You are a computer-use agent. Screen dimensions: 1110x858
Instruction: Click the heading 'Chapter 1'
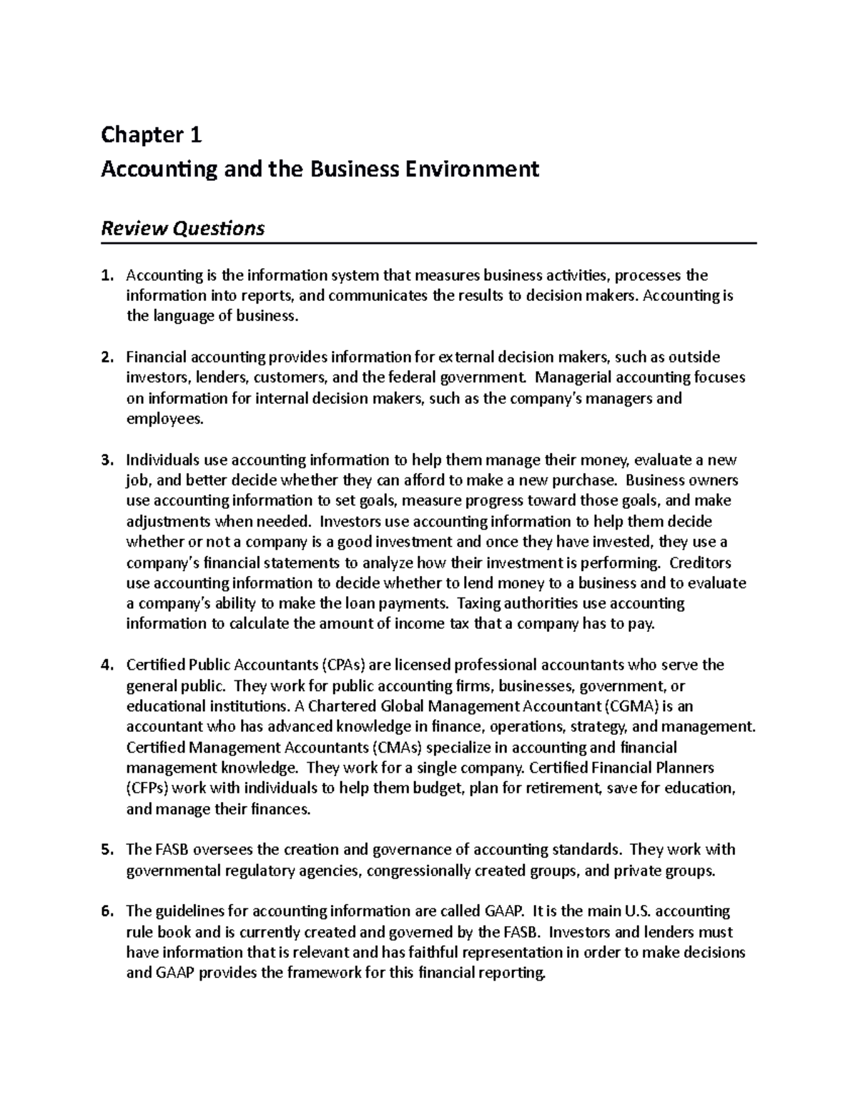[x=152, y=134]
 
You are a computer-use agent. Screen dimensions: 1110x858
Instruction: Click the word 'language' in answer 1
[x=182, y=316]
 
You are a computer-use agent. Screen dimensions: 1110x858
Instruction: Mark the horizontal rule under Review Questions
[x=429, y=244]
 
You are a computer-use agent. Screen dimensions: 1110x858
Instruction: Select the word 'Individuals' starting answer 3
[x=159, y=460]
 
